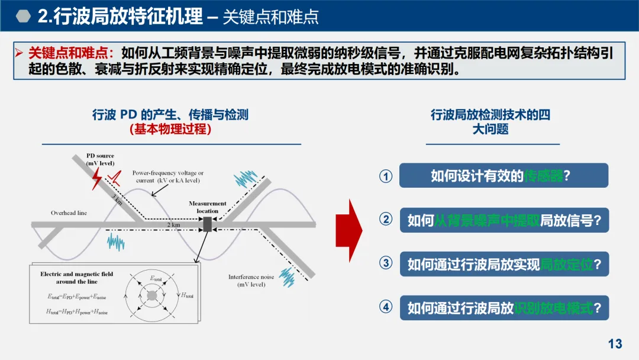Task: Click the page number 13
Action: tap(615, 343)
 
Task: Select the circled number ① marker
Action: tap(386, 176)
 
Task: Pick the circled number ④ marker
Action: tap(386, 307)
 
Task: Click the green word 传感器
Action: tap(544, 176)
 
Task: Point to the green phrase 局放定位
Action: tap(567, 264)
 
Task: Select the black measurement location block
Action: tap(207, 224)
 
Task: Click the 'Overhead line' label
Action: tap(69, 213)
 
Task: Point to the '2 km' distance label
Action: tap(173, 226)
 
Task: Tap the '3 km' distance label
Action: tap(117, 200)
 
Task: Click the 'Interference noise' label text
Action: tap(251, 277)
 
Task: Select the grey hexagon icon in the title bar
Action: tap(23, 16)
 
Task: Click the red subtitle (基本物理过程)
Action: tap(170, 128)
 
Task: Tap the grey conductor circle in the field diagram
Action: tap(152, 295)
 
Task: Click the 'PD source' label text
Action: tap(100, 156)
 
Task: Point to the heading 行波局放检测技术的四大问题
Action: tap(490, 121)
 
